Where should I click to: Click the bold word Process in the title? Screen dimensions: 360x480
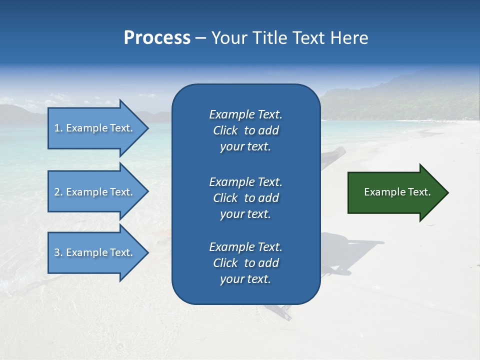[x=157, y=38]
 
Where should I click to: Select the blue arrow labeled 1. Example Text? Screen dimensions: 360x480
[x=95, y=128]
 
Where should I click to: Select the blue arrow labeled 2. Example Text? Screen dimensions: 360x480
[x=95, y=192]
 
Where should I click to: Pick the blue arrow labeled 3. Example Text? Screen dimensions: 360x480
[x=95, y=252]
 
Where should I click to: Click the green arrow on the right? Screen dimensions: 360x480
[x=395, y=192]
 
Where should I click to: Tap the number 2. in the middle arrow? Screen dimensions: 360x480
[x=58, y=192]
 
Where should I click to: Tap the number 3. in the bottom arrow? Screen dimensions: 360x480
[x=58, y=252]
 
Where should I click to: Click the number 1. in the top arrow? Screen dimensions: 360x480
[x=58, y=128]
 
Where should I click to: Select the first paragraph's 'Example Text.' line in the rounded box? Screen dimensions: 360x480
[x=245, y=114]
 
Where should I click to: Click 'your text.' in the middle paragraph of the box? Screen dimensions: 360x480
[x=245, y=214]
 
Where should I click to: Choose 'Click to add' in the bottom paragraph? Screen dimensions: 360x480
[x=245, y=263]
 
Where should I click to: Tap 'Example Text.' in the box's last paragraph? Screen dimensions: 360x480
[x=245, y=247]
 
